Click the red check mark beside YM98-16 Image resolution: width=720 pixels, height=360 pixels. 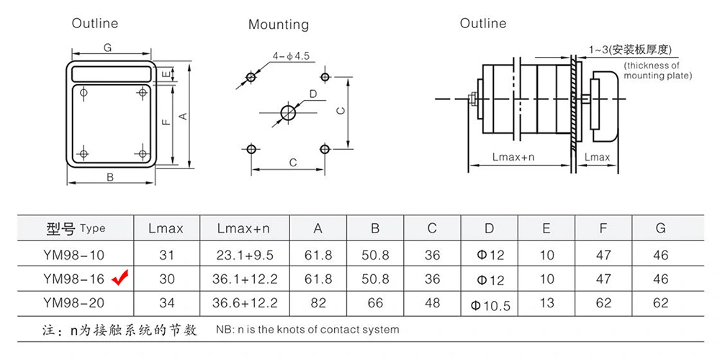120,276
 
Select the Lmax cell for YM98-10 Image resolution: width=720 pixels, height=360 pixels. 166,255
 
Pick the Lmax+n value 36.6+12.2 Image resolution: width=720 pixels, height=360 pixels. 243,304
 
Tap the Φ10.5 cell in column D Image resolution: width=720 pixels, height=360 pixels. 490,305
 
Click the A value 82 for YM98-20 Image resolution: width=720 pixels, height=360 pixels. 318,304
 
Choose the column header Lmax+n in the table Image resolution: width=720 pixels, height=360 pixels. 243,229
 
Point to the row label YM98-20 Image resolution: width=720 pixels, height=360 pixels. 74,304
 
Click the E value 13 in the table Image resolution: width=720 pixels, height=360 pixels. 546,304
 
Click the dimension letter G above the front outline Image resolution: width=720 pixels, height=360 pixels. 107,48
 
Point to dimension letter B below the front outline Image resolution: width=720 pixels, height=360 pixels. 110,177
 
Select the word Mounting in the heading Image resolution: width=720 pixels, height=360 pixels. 278,24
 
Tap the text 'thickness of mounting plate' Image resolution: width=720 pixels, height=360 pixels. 657,71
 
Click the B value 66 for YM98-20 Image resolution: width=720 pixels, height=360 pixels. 375,304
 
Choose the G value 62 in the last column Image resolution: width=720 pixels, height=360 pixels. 660,304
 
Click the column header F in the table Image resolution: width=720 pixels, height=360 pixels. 603,229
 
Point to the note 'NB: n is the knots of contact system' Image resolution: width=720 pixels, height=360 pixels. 307,330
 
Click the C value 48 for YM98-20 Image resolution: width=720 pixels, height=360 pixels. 432,304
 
